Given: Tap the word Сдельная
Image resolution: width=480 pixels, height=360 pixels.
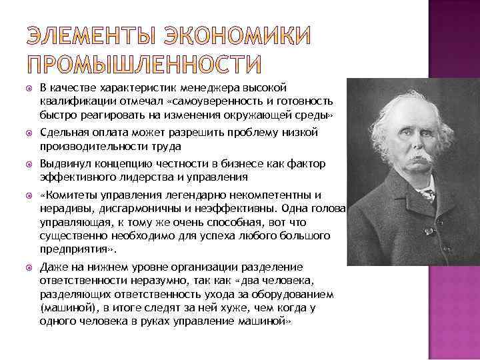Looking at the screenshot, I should tap(63, 134).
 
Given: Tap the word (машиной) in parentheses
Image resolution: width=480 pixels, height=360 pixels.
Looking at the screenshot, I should tap(63, 309).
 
